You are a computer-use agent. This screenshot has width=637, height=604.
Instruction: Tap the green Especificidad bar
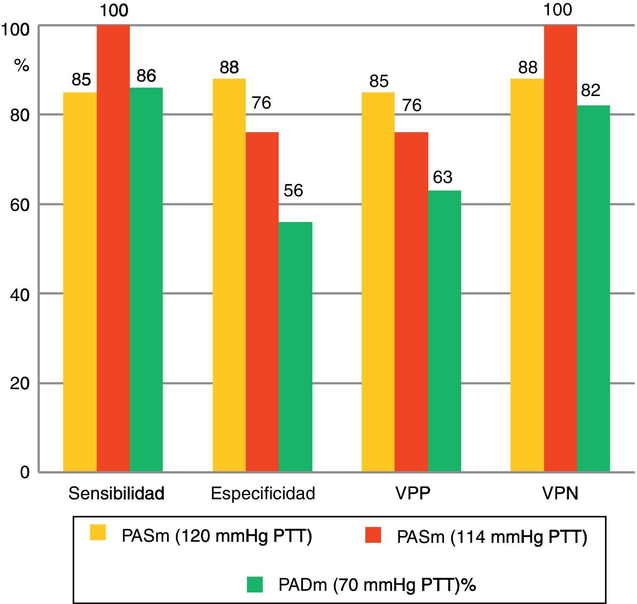(x=295, y=347)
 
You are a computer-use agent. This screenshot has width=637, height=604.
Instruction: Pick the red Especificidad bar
(x=262, y=302)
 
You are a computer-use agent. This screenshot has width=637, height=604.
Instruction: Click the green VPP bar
(x=444, y=331)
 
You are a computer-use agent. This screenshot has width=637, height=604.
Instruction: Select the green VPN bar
(x=593, y=288)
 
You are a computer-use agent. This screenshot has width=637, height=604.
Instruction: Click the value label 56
(x=293, y=190)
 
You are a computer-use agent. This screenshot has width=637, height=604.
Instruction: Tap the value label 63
(x=442, y=177)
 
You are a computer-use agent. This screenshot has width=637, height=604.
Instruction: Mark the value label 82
(x=590, y=90)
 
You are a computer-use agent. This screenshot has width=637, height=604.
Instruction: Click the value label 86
(x=146, y=76)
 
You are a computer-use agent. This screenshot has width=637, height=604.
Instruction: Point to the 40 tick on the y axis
(x=20, y=295)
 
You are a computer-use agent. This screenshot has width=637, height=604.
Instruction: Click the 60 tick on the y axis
(x=20, y=205)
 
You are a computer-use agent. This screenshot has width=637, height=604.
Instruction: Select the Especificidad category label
(x=263, y=493)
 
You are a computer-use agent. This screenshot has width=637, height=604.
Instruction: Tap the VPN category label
(x=560, y=493)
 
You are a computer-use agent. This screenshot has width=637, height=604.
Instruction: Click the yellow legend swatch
(x=98, y=533)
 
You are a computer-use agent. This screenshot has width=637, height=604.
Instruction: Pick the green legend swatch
(x=255, y=584)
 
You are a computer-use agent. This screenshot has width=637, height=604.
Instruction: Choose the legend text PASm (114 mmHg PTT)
(x=492, y=537)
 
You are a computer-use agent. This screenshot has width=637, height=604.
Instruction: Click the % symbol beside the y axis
(x=22, y=65)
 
